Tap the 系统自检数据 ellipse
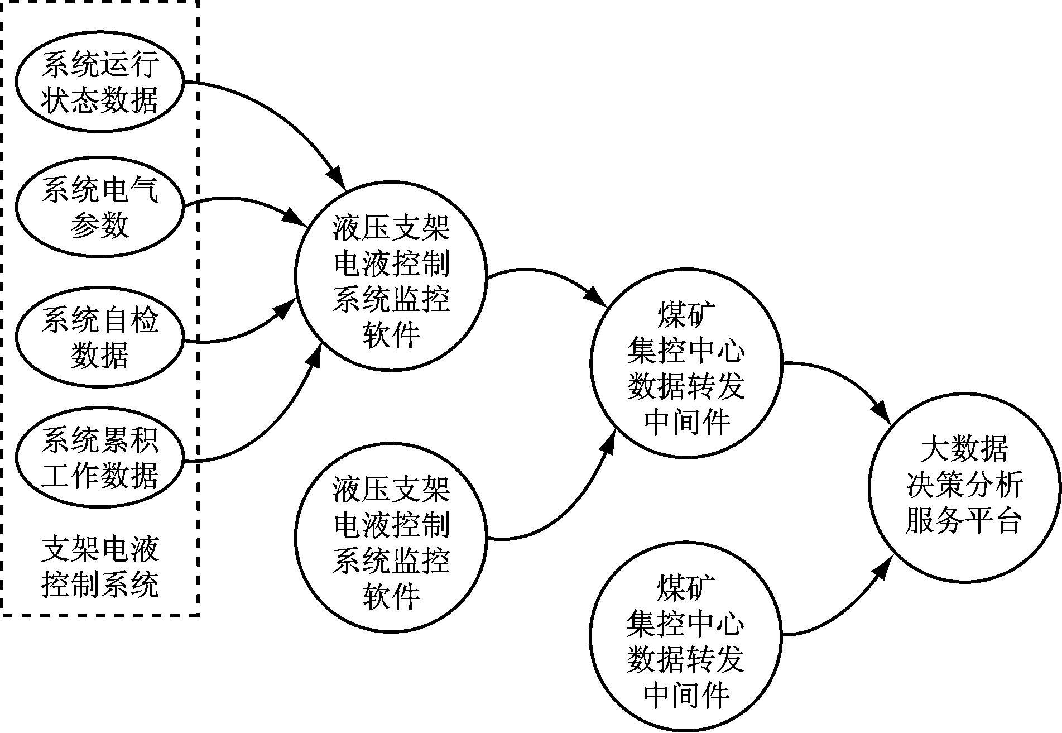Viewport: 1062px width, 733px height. tap(99, 337)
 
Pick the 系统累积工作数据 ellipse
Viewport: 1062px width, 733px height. tap(99, 458)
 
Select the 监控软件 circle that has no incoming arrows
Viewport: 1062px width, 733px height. tap(391, 537)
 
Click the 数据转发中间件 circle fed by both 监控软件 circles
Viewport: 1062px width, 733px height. tap(686, 363)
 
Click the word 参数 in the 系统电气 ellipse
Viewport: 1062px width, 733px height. tap(99, 226)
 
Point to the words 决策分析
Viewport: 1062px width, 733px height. tap(964, 485)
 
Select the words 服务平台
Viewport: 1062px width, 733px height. tap(964, 520)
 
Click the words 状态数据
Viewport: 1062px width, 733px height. tap(99, 100)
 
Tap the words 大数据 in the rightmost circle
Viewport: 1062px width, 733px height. tap(964, 449)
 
